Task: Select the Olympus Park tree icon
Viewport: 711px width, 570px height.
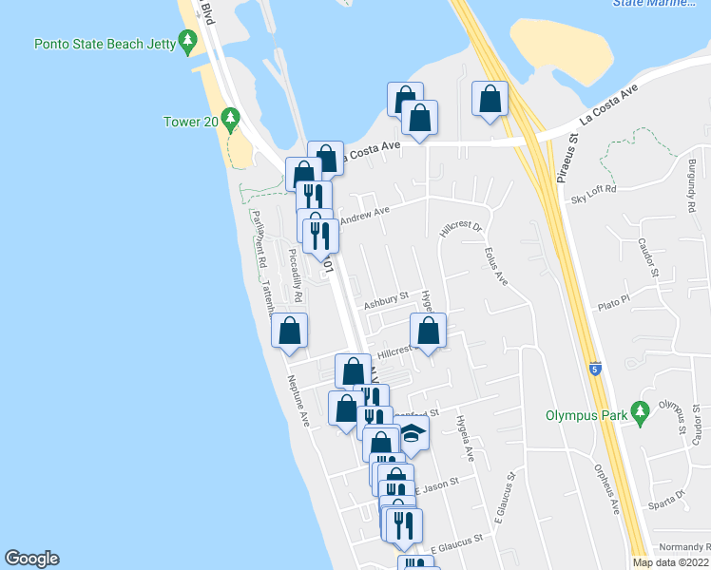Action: (x=641, y=413)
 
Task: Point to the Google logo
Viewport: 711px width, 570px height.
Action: (x=31, y=559)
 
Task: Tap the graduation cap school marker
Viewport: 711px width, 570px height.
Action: (x=413, y=433)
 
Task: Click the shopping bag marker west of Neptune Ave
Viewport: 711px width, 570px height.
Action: (x=289, y=332)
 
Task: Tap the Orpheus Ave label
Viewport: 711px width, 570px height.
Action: (x=606, y=489)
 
